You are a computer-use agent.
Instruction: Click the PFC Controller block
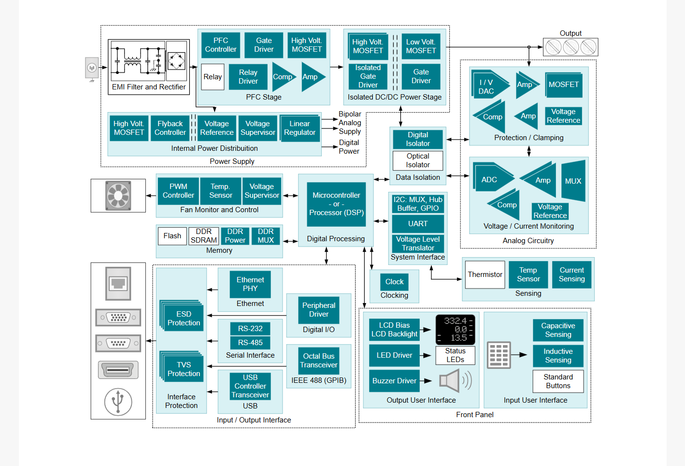click(x=220, y=45)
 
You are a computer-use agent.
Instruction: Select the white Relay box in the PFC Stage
click(x=213, y=77)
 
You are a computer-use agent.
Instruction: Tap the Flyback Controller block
click(x=170, y=128)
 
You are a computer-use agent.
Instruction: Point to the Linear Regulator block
click(x=300, y=128)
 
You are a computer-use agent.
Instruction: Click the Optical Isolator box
click(x=418, y=160)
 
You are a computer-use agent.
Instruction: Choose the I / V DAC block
click(x=490, y=84)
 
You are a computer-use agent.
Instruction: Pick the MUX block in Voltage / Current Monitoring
click(x=573, y=180)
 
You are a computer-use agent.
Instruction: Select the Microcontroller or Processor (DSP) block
click(x=336, y=204)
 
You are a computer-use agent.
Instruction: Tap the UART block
click(x=418, y=224)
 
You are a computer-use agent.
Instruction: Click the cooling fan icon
click(x=118, y=196)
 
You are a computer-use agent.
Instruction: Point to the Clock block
click(x=394, y=282)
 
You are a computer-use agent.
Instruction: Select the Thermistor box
click(x=485, y=275)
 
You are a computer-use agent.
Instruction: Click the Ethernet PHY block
click(x=250, y=284)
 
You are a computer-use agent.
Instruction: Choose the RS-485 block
click(x=250, y=343)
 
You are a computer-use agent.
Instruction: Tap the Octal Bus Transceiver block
click(x=319, y=361)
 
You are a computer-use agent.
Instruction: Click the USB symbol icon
click(x=118, y=402)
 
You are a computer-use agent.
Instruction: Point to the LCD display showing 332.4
click(x=456, y=330)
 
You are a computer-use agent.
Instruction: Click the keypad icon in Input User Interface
click(x=499, y=355)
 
